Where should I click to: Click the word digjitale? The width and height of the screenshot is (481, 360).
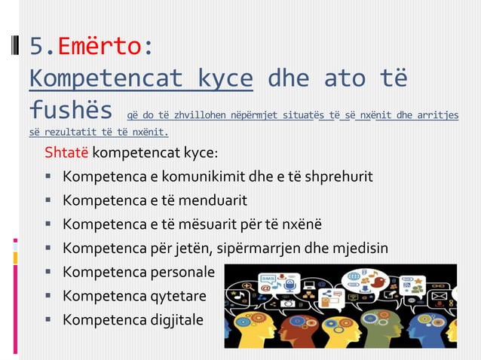176,319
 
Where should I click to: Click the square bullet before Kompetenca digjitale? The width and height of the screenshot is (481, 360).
47,319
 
